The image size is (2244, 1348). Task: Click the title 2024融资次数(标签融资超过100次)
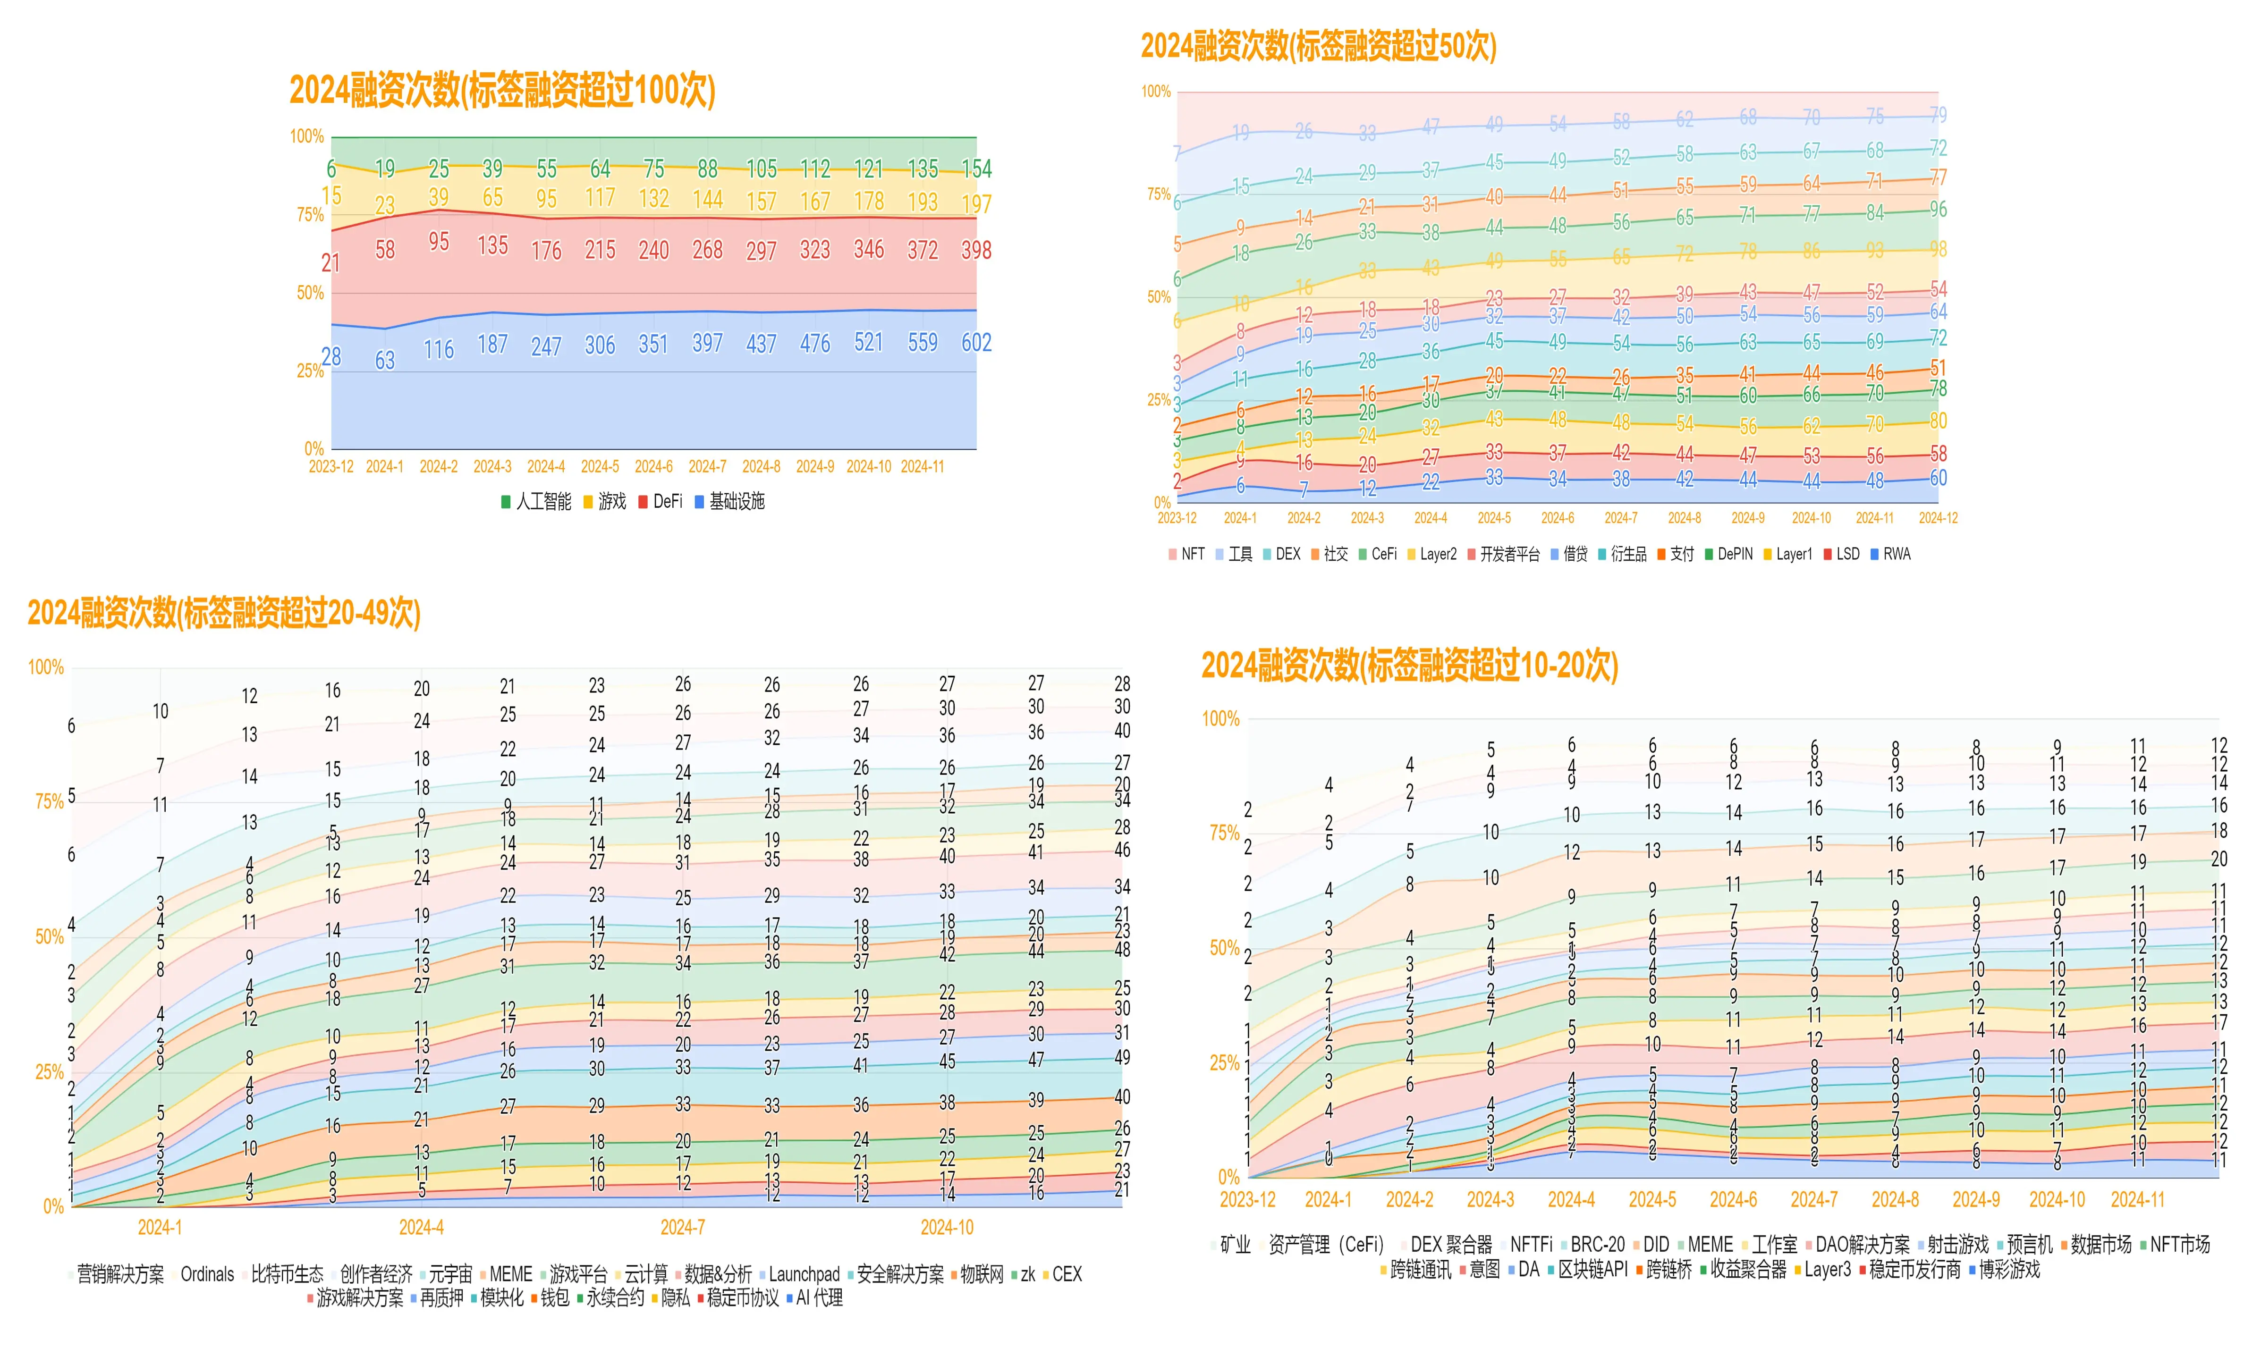(501, 91)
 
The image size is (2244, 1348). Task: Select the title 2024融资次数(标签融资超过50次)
(1317, 45)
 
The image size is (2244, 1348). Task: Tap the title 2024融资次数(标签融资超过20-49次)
(223, 613)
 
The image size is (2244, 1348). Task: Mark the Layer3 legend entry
(1826, 1269)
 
